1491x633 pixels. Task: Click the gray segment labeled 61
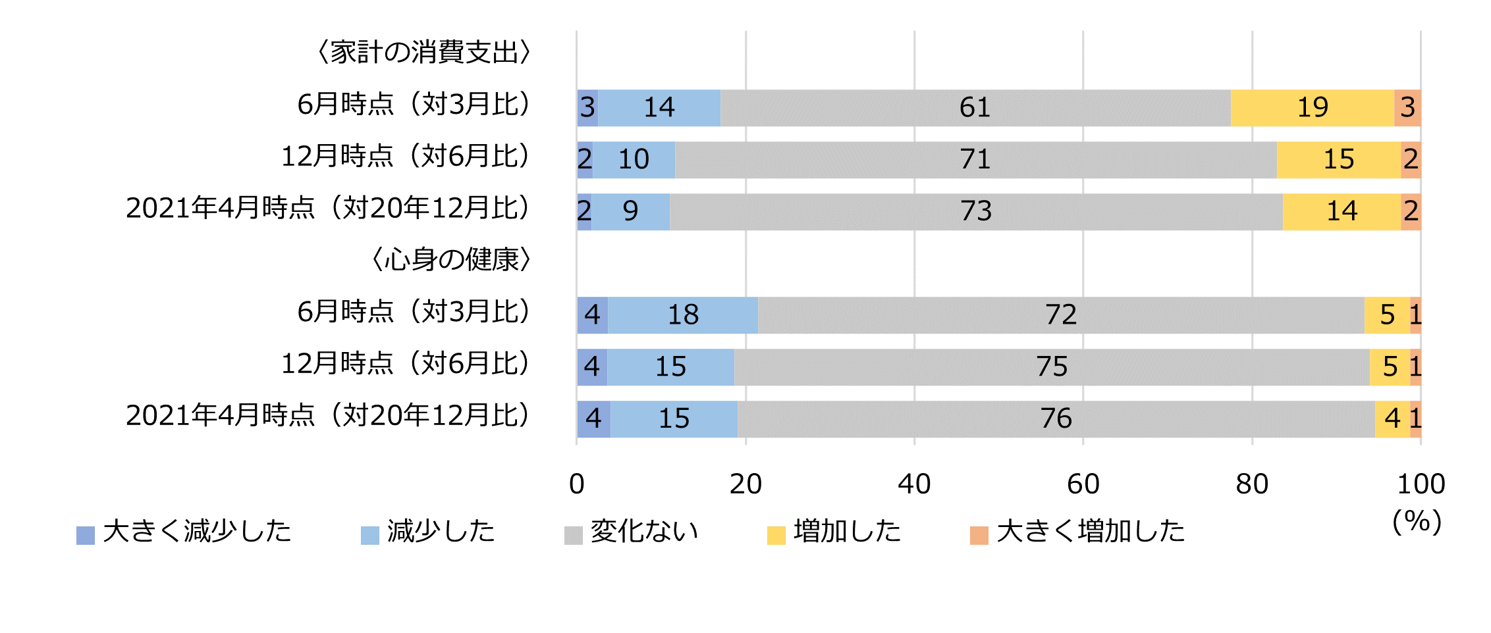(975, 108)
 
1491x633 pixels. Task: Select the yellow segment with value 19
(1312, 108)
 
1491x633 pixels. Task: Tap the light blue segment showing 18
(683, 315)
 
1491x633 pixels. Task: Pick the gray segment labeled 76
(1056, 419)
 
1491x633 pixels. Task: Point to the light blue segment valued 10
(634, 160)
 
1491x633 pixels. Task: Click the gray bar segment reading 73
(976, 212)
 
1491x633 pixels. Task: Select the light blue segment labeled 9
(630, 212)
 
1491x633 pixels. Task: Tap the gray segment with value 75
(1052, 367)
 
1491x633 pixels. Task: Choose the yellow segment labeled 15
(1338, 160)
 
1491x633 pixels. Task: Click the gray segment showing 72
(1060, 315)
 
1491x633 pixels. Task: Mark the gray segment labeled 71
(975, 160)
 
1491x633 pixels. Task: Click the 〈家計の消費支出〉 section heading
(423, 53)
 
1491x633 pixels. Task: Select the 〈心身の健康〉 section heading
(451, 260)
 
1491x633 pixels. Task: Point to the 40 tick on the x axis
(914, 485)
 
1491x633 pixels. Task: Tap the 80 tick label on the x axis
(1252, 485)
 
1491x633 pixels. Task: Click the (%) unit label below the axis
(1417, 522)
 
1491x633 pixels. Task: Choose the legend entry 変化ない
(643, 532)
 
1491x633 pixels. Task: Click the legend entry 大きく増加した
(1090, 532)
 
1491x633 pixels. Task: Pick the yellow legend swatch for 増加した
(776, 536)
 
